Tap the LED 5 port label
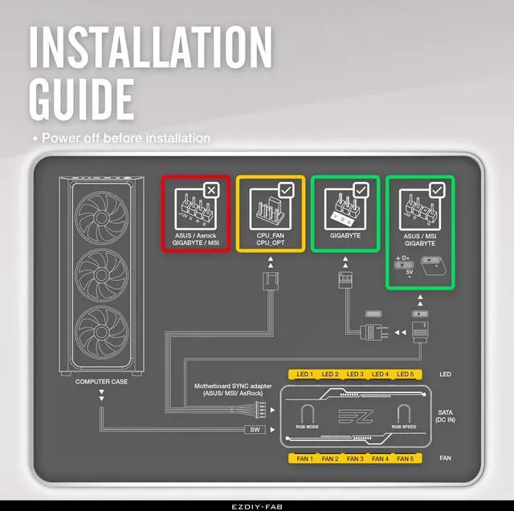point(406,375)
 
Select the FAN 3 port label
point(354,459)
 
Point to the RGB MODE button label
point(308,428)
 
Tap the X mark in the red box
point(210,190)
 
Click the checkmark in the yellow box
point(286,190)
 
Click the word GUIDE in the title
point(81,97)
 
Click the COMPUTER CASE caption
point(101,382)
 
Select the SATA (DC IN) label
point(467,416)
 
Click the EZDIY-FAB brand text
point(256,505)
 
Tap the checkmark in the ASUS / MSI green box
point(437,190)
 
